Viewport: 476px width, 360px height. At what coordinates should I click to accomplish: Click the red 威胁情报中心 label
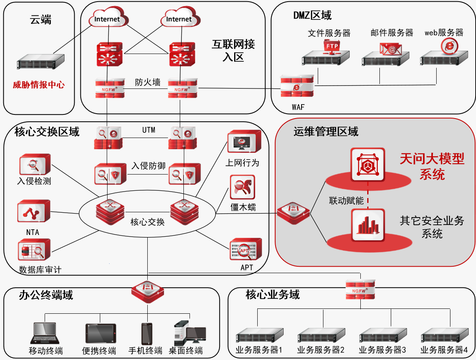[39, 85]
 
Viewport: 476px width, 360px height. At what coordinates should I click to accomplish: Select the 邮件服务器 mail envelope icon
[390, 49]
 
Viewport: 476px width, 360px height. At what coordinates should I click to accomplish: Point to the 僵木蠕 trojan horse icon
[243, 187]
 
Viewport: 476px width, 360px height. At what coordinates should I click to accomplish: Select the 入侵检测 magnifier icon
[34, 164]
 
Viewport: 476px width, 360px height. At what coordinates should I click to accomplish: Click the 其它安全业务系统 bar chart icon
[368, 225]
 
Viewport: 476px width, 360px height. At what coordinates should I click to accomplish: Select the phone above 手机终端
[146, 334]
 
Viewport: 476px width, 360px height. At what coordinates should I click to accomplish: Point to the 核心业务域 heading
[273, 295]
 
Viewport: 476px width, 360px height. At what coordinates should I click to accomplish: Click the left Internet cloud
[107, 19]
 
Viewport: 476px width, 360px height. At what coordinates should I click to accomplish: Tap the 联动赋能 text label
[346, 200]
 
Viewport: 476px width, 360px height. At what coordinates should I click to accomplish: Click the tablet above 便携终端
[100, 334]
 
